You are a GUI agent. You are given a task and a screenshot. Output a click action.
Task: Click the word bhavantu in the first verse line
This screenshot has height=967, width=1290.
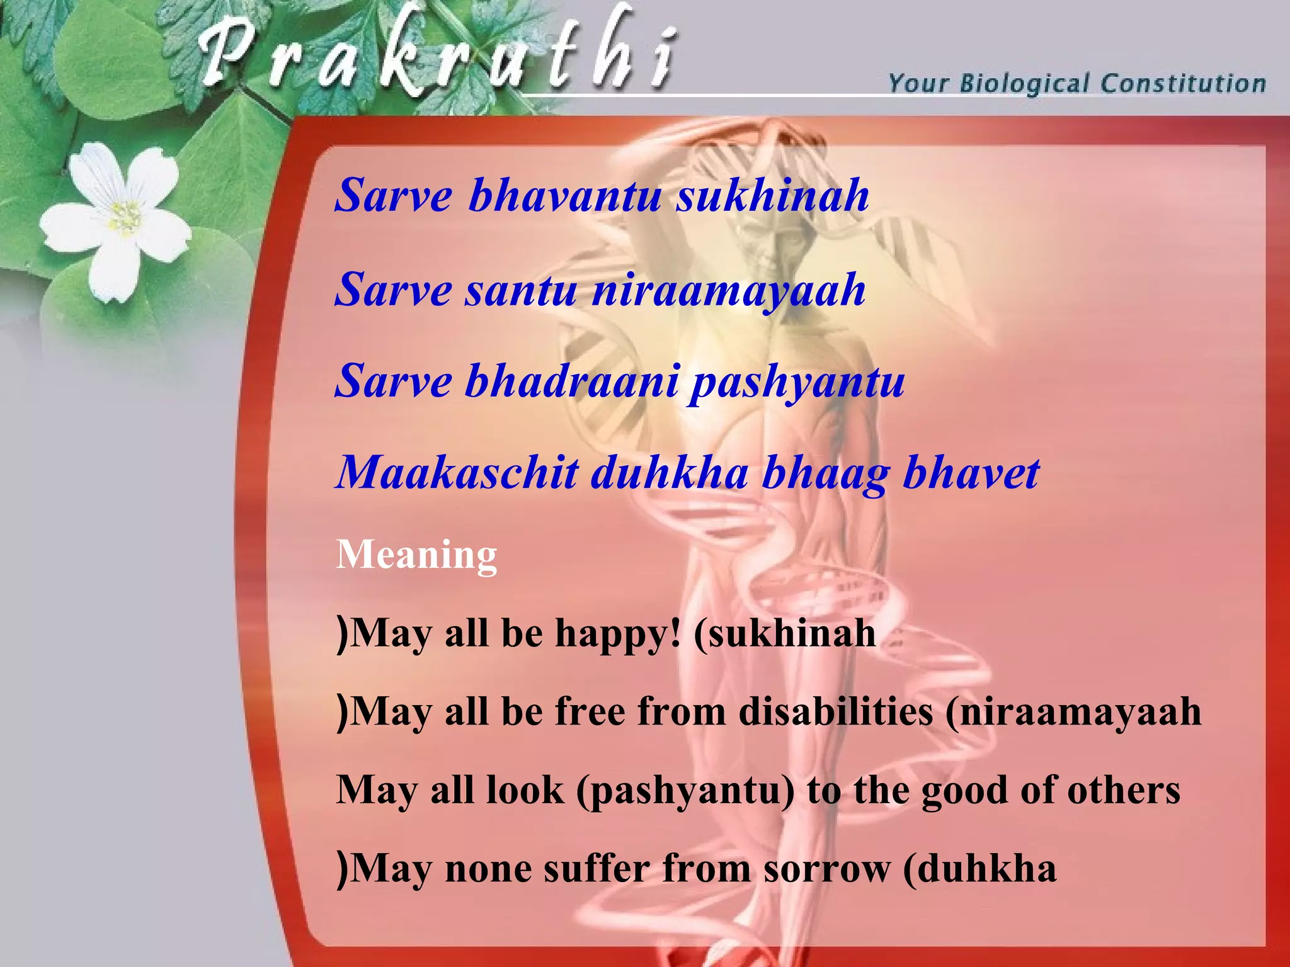click(x=564, y=195)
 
